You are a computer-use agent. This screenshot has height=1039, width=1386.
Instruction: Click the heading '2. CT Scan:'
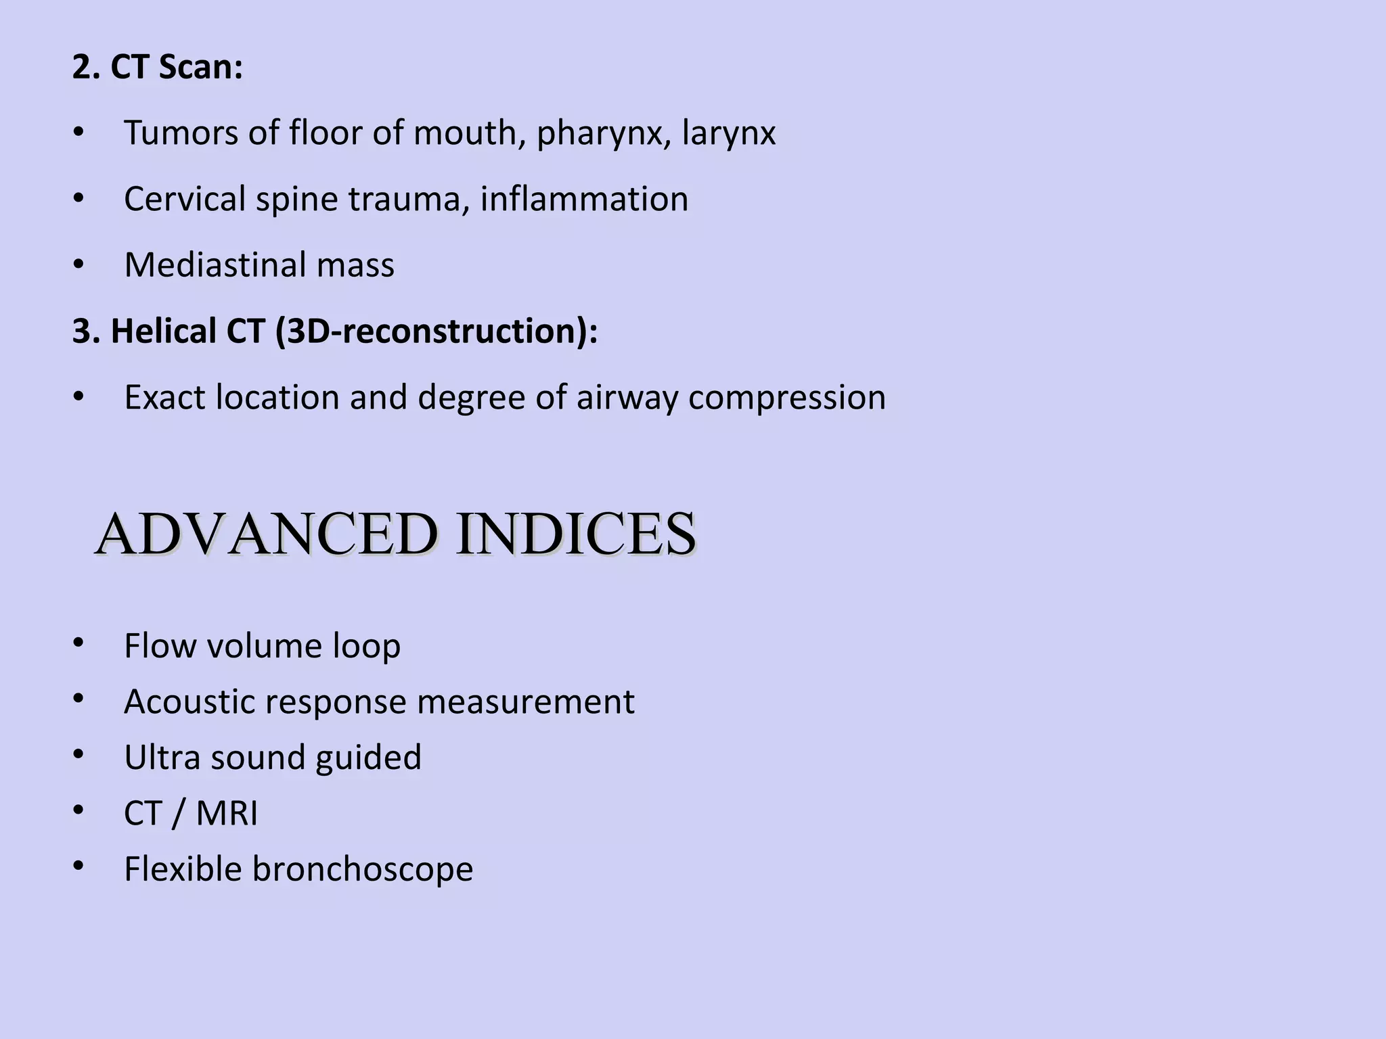pyautogui.click(x=157, y=68)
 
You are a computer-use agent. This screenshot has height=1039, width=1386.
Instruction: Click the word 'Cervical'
pyautogui.click(x=185, y=200)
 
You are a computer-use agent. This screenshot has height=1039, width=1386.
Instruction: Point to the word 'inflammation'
pyautogui.click(x=584, y=200)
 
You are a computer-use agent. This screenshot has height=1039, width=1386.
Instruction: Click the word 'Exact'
pyautogui.click(x=164, y=398)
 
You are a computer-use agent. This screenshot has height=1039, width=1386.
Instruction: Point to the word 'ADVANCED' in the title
pyautogui.click(x=266, y=535)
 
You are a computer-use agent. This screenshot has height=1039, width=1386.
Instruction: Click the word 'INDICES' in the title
pyautogui.click(x=575, y=535)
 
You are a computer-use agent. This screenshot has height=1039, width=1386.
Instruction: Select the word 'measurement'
pyautogui.click(x=525, y=702)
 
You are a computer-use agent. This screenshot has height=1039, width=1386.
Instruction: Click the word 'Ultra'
pyautogui.click(x=162, y=758)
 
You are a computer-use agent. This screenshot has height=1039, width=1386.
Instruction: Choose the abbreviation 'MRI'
pyautogui.click(x=227, y=813)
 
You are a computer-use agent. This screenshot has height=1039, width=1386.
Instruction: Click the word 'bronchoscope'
pyautogui.click(x=363, y=869)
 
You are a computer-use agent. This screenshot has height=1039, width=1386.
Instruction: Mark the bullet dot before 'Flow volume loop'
pyautogui.click(x=79, y=643)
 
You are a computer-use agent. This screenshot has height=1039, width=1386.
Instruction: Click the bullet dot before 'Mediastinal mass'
pyautogui.click(x=79, y=265)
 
